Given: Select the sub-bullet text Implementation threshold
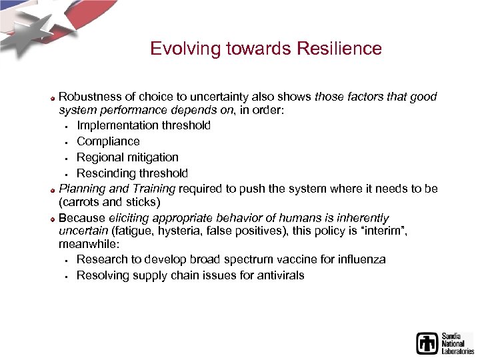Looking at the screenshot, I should [x=143, y=125].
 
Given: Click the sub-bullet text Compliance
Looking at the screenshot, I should [x=108, y=141].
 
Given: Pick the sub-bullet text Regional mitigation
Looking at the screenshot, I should [x=127, y=157].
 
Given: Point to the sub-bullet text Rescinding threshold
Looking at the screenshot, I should [x=132, y=173].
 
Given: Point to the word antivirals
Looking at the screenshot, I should [x=277, y=275].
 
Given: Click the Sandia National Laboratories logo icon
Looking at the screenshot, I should [x=427, y=343].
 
